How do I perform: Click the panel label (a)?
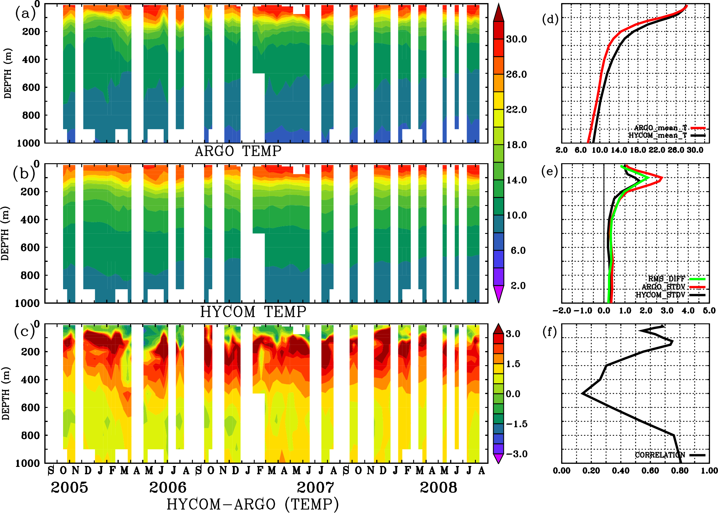25,14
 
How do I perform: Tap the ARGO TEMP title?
238,151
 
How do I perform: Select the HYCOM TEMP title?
253,312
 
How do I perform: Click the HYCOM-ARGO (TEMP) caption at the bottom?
253,504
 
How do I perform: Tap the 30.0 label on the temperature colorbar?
517,39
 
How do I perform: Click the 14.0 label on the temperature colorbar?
517,180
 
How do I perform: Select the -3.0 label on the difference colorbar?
517,454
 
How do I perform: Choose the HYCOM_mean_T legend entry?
658,135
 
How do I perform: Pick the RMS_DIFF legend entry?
666,279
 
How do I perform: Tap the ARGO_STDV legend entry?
663,287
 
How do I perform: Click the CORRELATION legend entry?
660,455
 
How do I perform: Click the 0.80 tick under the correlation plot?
680,471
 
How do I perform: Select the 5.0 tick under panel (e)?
709,310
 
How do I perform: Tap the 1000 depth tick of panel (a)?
28,143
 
